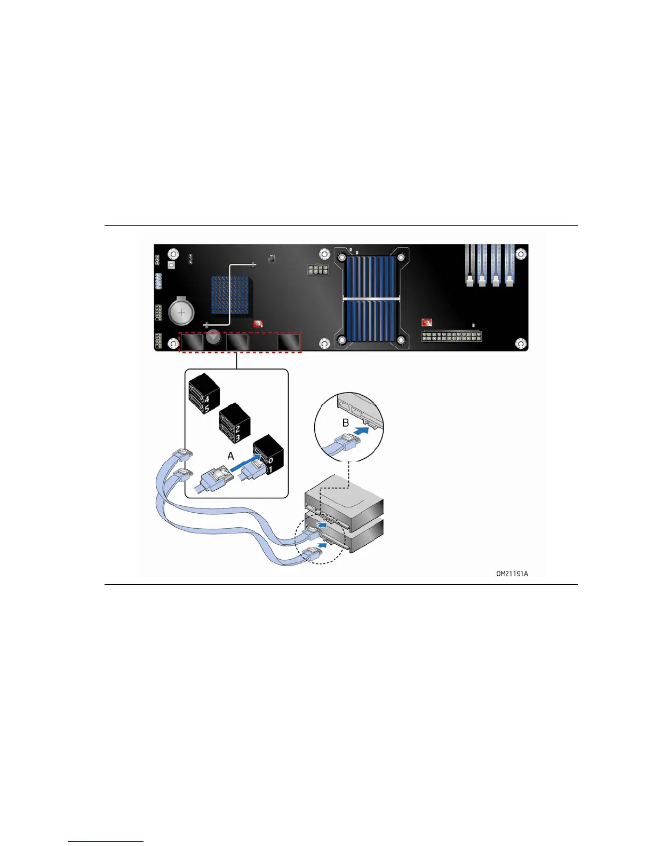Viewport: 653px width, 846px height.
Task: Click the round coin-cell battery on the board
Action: click(x=181, y=312)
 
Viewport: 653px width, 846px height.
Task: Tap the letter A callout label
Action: click(x=231, y=456)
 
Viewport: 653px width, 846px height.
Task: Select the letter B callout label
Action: click(x=346, y=422)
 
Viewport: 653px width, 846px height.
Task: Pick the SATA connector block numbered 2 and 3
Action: click(x=235, y=424)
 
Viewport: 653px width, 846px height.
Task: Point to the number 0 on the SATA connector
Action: click(x=270, y=460)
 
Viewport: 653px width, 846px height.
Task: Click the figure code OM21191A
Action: click(x=512, y=574)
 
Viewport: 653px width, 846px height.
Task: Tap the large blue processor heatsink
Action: click(x=371, y=298)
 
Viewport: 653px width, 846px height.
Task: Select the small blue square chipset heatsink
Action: click(x=230, y=295)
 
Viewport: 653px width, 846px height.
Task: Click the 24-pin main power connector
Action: click(x=452, y=336)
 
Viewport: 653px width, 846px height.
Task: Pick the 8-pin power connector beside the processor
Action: click(x=317, y=270)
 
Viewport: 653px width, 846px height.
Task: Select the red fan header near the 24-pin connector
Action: click(x=426, y=322)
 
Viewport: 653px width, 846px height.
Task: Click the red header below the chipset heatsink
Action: click(x=258, y=324)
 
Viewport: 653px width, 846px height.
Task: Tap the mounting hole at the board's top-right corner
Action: click(x=521, y=254)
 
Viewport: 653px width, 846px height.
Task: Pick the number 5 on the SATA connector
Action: click(x=207, y=409)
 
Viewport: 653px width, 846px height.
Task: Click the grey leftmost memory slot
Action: click(x=469, y=264)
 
